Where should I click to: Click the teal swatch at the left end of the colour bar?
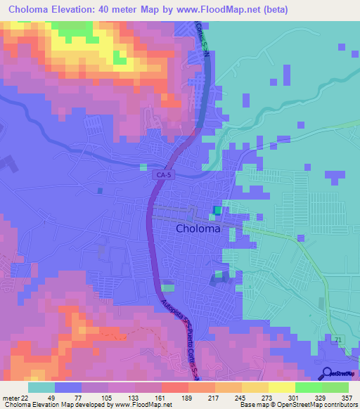click(x=41, y=387)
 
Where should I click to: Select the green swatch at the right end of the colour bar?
click(x=335, y=387)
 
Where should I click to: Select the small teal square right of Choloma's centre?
click(x=217, y=210)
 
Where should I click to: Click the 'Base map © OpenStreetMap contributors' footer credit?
click(x=297, y=405)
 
